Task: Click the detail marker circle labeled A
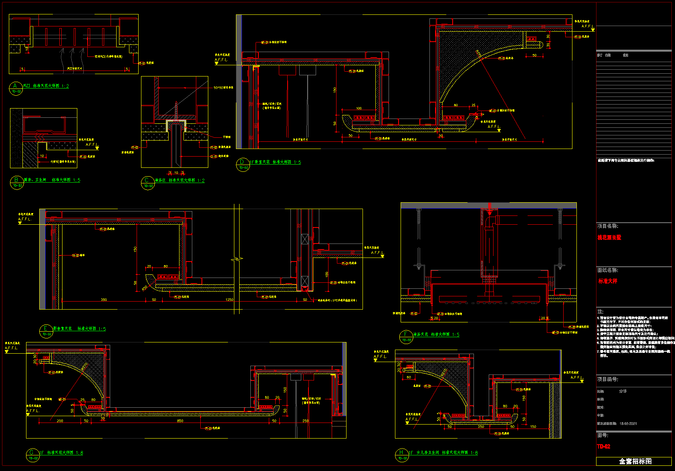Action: (15, 89)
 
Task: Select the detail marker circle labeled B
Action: (16, 183)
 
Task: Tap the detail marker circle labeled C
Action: (148, 183)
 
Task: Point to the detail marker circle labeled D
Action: (242, 165)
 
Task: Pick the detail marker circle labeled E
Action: (46, 331)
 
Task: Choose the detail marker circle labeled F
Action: (406, 337)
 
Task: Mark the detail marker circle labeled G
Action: (32, 455)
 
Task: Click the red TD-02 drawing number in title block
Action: (604, 447)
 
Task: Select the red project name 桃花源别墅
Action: (609, 238)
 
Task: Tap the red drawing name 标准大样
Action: (608, 281)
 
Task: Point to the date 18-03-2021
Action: (628, 423)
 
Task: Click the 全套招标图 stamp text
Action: (635, 461)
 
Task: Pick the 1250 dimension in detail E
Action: (229, 300)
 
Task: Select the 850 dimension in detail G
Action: (180, 421)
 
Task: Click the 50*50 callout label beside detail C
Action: (223, 87)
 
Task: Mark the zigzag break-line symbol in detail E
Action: (237, 260)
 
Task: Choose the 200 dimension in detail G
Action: (60, 421)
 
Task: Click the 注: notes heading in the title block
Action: (600, 311)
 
